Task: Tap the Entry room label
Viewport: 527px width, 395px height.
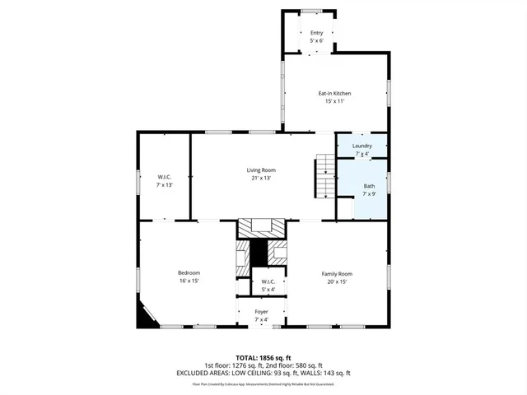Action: [x=317, y=33]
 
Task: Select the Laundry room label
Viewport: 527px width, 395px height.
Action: [x=362, y=146]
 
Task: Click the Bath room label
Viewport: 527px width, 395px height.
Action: [x=369, y=186]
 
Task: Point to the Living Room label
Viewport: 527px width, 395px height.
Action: [x=261, y=170]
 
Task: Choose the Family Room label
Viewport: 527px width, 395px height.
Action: [x=336, y=273]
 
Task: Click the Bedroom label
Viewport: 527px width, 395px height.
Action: [x=189, y=273]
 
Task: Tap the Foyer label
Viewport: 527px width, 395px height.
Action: [x=261, y=312]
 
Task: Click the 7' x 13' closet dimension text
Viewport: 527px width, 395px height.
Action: [x=164, y=185]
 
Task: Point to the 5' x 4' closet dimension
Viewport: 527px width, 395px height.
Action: [x=268, y=289]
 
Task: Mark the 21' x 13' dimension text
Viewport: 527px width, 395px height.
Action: [x=261, y=178]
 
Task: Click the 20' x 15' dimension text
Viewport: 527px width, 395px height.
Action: [x=336, y=281]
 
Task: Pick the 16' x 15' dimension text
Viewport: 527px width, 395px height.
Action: [x=189, y=281]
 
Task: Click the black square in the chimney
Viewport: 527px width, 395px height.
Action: [x=261, y=253]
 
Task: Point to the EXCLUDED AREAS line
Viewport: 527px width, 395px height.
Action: [x=263, y=373]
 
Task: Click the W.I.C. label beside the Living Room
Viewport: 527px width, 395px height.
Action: [x=164, y=177]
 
